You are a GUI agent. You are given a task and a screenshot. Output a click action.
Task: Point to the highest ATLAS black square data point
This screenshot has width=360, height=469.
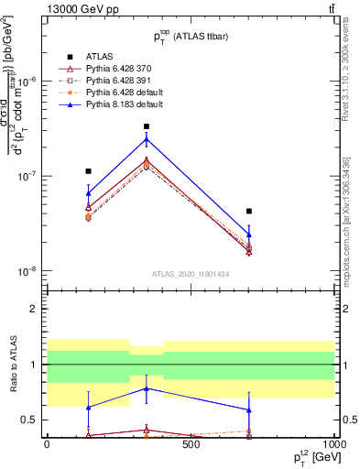[147, 126]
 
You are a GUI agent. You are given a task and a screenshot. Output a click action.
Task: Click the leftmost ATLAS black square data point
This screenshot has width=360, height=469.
[88, 171]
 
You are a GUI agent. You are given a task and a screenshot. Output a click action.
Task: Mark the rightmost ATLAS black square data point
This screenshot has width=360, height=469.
[248, 212]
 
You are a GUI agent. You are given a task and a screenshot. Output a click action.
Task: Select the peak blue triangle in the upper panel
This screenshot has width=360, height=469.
[147, 139]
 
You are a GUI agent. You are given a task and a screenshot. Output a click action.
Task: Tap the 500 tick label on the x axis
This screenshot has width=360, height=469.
[191, 444]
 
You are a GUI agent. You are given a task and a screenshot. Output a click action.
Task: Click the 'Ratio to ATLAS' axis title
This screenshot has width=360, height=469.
[12, 365]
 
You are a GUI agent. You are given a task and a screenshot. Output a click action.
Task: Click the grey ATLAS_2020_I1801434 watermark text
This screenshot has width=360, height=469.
[191, 274]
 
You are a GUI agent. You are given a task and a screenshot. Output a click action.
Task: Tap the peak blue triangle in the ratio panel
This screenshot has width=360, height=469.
[147, 388]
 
